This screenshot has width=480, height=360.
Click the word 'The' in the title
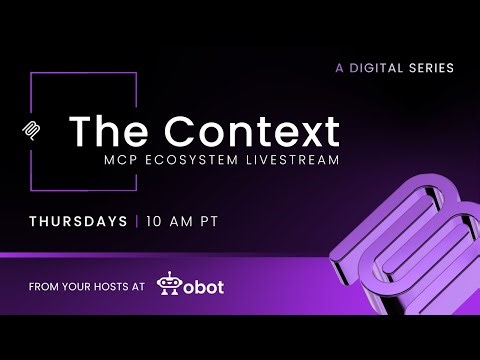tap(104, 132)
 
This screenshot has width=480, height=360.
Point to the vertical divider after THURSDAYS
tap(135, 219)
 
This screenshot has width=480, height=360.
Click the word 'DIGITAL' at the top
tap(375, 68)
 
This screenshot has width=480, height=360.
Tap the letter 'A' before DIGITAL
tap(339, 68)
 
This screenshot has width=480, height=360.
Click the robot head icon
tap(173, 286)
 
